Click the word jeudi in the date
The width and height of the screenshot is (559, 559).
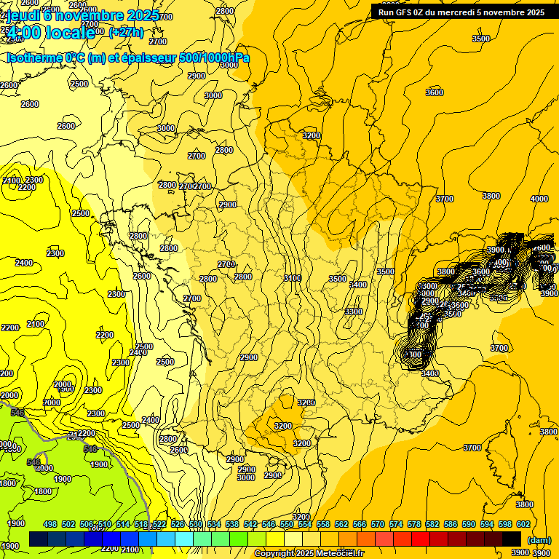pyautogui.click(x=23, y=15)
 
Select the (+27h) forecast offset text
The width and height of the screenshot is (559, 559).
pyautogui.click(x=126, y=32)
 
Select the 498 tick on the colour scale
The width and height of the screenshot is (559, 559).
pyautogui.click(x=50, y=525)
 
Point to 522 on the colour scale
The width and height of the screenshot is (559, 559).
pyautogui.click(x=159, y=525)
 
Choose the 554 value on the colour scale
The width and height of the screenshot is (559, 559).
pyautogui.click(x=305, y=525)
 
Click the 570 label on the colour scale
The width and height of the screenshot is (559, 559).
pyautogui.click(x=378, y=525)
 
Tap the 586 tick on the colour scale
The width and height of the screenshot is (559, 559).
pyautogui.click(x=451, y=525)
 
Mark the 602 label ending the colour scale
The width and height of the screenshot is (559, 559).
pyautogui.click(x=523, y=525)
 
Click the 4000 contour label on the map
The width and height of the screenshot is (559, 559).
pyautogui.click(x=539, y=199)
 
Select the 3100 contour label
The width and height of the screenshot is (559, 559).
pyautogui.click(x=293, y=278)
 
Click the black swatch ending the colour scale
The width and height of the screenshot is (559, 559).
pyautogui.click(x=512, y=539)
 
